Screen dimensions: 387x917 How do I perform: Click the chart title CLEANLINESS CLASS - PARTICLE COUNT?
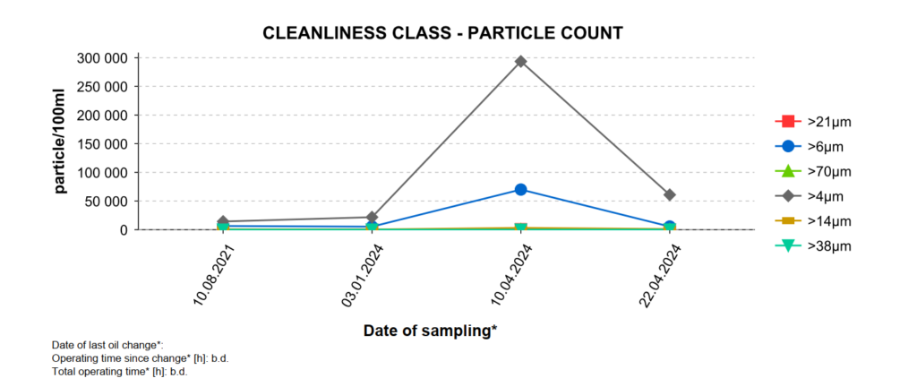(442, 33)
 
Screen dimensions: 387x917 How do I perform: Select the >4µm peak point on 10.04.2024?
(520, 62)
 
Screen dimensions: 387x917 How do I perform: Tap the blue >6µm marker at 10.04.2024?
(520, 190)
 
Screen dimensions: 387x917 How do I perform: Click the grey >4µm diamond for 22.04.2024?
(670, 194)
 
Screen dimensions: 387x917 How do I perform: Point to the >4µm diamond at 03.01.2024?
(372, 217)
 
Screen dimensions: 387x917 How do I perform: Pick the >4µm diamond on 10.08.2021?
(223, 221)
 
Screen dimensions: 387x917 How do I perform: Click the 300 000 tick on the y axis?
(105, 58)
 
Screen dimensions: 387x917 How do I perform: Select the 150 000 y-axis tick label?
(105, 144)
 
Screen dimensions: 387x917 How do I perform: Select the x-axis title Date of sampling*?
(430, 331)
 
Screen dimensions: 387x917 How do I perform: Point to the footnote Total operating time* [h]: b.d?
(119, 370)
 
